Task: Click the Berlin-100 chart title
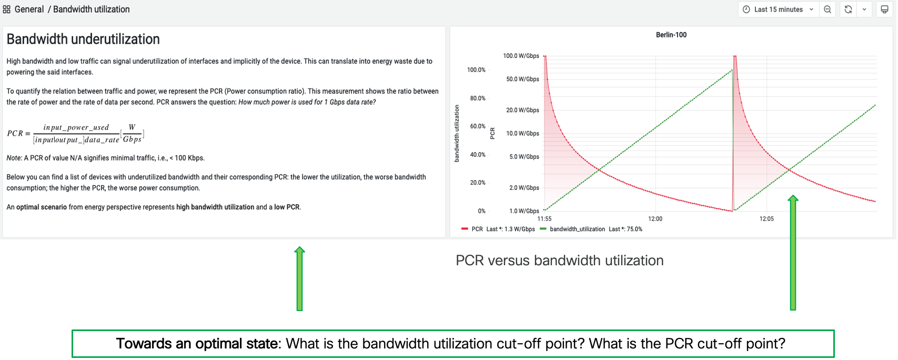[x=671, y=35]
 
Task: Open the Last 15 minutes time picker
[x=778, y=9]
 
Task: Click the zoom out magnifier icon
[x=828, y=9]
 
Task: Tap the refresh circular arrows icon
[x=848, y=9]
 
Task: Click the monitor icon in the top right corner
[x=884, y=9]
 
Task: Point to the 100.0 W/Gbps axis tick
[x=521, y=56]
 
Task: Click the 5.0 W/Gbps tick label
[x=524, y=157]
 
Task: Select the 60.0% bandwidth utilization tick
[x=478, y=126]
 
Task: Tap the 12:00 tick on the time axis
[x=655, y=219]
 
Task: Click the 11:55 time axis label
[x=544, y=219]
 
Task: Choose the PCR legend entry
[x=477, y=229]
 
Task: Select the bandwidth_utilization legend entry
[x=577, y=229]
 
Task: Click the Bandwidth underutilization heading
[x=83, y=39]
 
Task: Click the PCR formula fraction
[x=76, y=134]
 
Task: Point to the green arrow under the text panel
[x=299, y=279]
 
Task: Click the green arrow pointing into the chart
[x=793, y=253]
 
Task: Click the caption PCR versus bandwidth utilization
[x=559, y=261]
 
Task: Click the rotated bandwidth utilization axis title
[x=457, y=133]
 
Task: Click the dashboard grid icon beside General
[x=7, y=9]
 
